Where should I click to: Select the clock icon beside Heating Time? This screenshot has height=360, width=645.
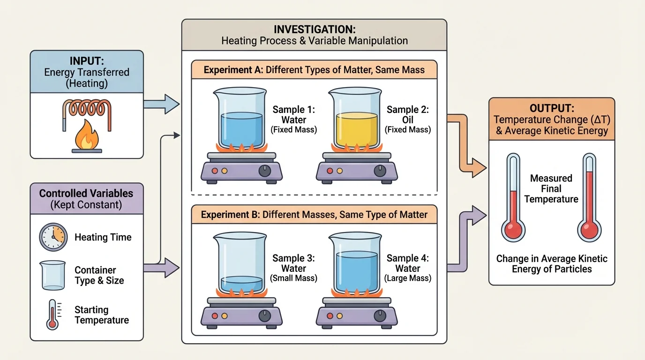(x=53, y=237)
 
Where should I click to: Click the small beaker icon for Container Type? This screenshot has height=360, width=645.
(x=52, y=275)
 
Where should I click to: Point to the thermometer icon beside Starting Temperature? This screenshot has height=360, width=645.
(x=52, y=314)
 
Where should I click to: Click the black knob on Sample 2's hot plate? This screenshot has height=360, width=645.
(x=380, y=171)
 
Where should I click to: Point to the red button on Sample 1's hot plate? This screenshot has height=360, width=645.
(x=215, y=171)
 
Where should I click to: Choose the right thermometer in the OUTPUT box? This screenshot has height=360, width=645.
(x=590, y=197)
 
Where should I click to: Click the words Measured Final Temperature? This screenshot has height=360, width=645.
(x=551, y=189)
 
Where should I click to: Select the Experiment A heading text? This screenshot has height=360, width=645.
(x=314, y=70)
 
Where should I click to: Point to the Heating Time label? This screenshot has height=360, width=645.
(x=103, y=237)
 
